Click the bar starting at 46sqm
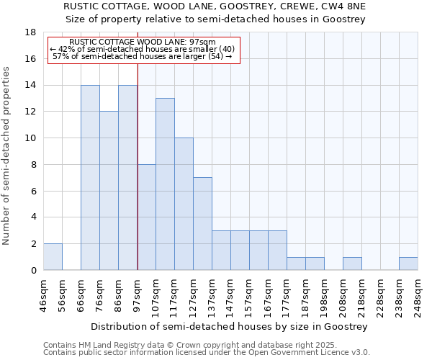click(x=53, y=257)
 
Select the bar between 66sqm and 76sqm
click(x=90, y=178)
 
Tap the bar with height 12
click(x=109, y=191)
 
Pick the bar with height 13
click(x=165, y=184)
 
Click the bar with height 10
click(x=184, y=204)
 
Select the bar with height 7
click(x=202, y=224)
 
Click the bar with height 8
click(x=146, y=217)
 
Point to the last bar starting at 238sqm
click(x=408, y=264)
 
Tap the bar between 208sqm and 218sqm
click(x=352, y=264)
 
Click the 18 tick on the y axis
click(x=31, y=32)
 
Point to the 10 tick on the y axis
click(x=31, y=138)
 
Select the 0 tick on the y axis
click(x=33, y=270)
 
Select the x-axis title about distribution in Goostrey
click(x=230, y=326)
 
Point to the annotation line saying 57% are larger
click(x=143, y=56)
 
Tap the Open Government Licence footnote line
click(x=207, y=352)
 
